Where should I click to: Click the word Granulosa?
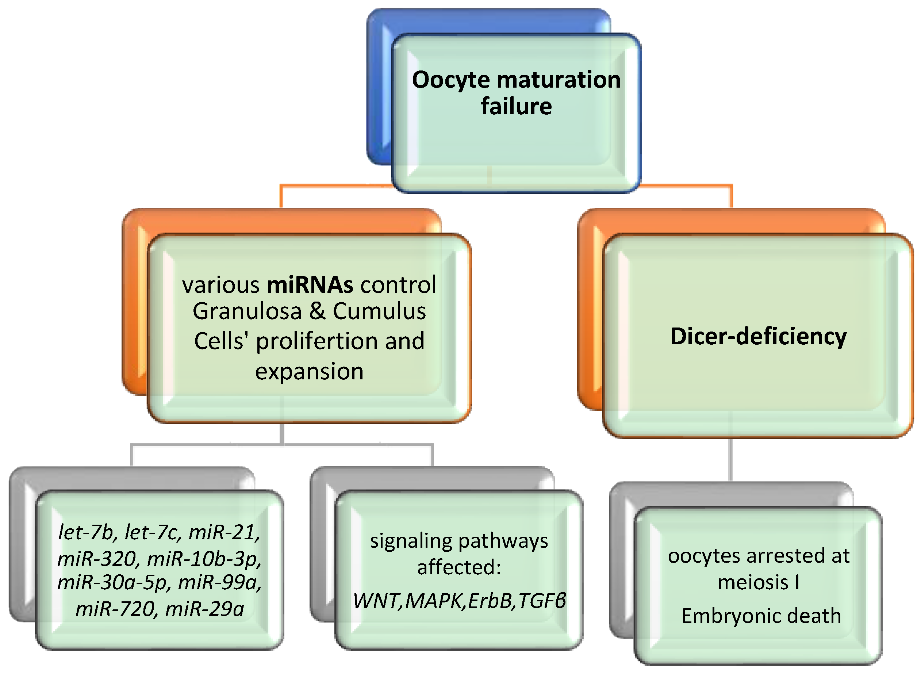pyautogui.click(x=247, y=311)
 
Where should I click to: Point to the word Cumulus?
pyautogui.click(x=379, y=311)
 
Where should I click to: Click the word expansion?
pyautogui.click(x=309, y=372)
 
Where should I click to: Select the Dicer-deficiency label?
pyautogui.click(x=759, y=337)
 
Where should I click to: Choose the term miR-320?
pyautogui.click(x=96, y=559)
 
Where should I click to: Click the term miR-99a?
pyautogui.click(x=220, y=583)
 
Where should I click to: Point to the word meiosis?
pyautogui.click(x=753, y=583)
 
